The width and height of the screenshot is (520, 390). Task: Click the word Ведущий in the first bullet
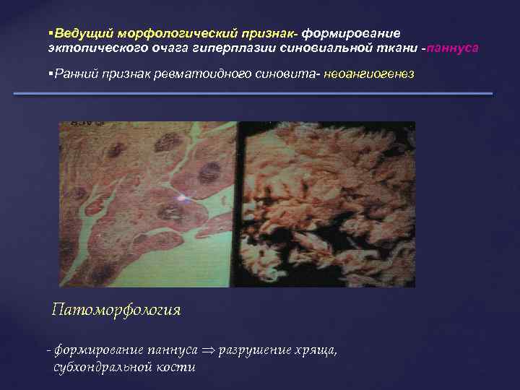70,34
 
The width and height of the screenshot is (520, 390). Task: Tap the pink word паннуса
452,48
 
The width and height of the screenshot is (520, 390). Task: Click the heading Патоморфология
116,311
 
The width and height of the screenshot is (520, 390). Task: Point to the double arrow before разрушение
208,350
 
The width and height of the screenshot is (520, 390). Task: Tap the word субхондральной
100,367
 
